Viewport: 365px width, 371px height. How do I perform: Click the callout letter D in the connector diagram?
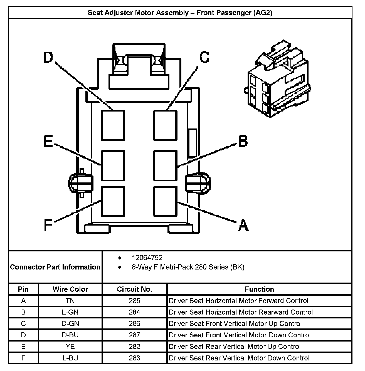pyautogui.click(x=48, y=58)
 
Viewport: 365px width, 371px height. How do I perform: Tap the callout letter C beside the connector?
pyautogui.click(x=204, y=57)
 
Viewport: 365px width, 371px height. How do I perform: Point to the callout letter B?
pyautogui.click(x=243, y=141)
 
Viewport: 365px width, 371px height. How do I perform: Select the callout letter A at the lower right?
pyautogui.click(x=243, y=225)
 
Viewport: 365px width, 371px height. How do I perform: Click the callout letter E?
pyautogui.click(x=48, y=141)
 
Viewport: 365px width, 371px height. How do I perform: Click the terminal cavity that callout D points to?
pyautogui.click(x=113, y=125)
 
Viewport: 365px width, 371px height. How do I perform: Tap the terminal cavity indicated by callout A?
pyautogui.click(x=165, y=201)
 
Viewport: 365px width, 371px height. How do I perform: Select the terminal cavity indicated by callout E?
pyautogui.click(x=113, y=165)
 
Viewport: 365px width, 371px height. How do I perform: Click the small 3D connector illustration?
pyautogui.click(x=278, y=79)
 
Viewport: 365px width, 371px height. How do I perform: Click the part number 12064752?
pyautogui.click(x=147, y=258)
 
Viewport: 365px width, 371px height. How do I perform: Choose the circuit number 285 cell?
pyautogui.click(x=134, y=301)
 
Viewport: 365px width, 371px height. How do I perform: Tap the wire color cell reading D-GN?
pyautogui.click(x=70, y=324)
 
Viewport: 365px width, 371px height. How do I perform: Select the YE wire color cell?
pyautogui.click(x=70, y=347)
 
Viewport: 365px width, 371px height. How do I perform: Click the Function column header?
pyautogui.click(x=259, y=289)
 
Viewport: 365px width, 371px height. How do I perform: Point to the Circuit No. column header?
pyautogui.click(x=134, y=289)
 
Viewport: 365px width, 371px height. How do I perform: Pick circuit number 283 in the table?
pyautogui.click(x=134, y=358)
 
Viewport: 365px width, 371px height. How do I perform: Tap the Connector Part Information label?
pyautogui.click(x=55, y=267)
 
